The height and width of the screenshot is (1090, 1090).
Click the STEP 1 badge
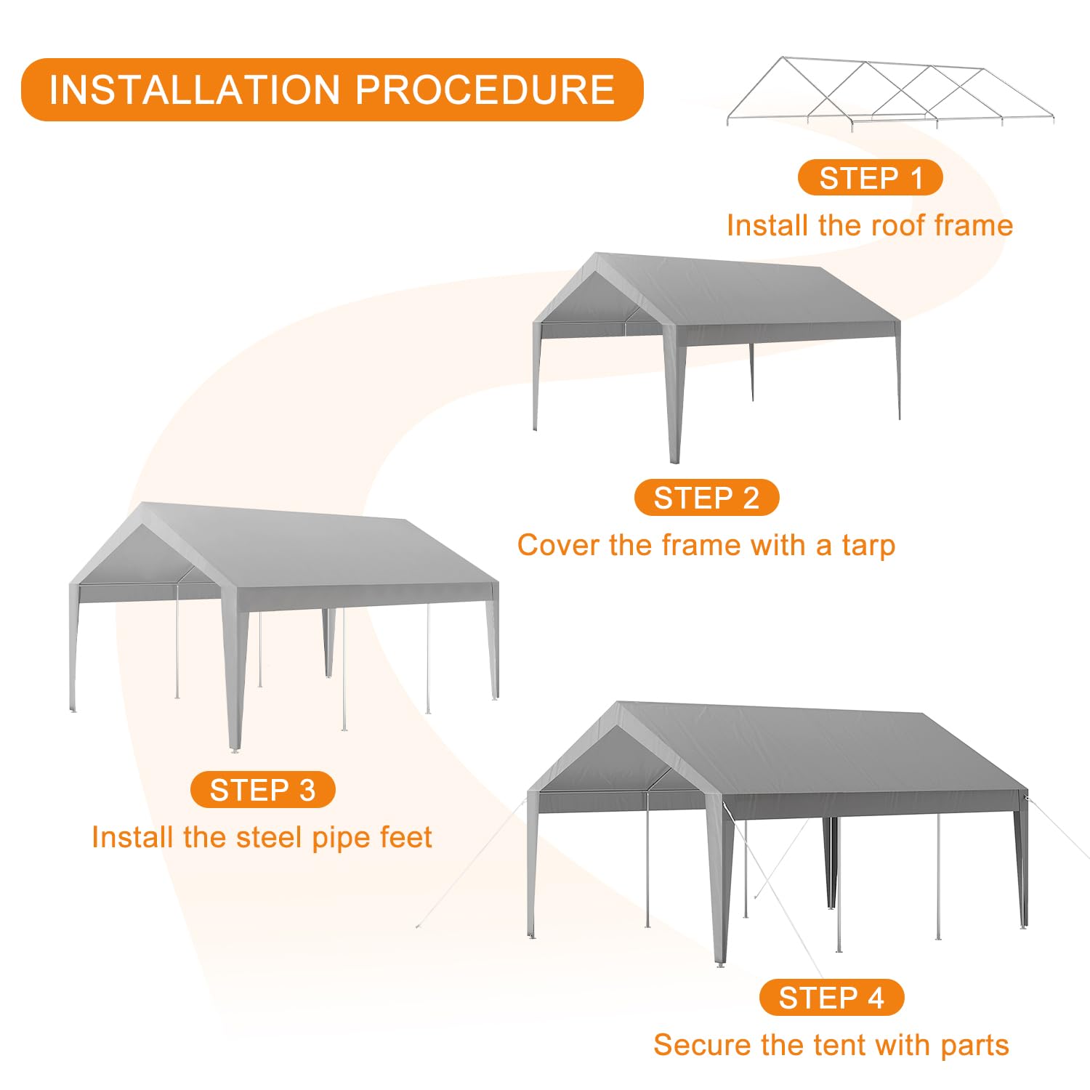point(870,178)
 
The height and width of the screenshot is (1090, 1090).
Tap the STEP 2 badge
point(706,498)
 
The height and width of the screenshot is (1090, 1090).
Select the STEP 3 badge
point(262,790)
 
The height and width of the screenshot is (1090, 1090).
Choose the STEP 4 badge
point(831,998)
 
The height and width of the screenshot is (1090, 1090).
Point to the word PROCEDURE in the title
point(485,90)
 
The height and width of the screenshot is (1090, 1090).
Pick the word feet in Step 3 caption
point(405,837)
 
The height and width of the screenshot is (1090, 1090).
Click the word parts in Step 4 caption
point(974,1046)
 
